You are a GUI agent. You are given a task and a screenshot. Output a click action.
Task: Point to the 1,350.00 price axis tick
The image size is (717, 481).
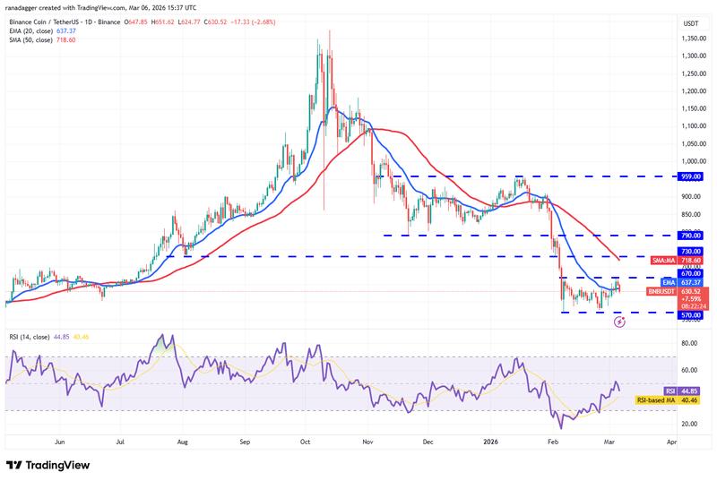(x=690, y=39)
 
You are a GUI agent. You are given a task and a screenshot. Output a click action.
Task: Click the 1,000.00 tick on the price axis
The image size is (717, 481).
(x=690, y=161)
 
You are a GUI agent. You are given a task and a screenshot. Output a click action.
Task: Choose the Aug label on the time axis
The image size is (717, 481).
(x=182, y=442)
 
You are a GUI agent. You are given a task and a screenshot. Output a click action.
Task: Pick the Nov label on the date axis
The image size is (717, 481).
(x=367, y=442)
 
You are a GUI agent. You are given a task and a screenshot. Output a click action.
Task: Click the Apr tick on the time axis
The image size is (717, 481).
(x=671, y=442)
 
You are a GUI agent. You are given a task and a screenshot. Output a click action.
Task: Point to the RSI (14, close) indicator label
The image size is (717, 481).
(x=28, y=337)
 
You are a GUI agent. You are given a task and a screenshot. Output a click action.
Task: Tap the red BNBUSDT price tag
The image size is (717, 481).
(x=662, y=291)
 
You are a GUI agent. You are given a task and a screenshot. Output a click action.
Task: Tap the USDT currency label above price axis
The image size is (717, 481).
(x=690, y=22)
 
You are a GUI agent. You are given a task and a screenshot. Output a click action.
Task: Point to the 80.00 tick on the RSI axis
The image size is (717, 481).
(x=688, y=343)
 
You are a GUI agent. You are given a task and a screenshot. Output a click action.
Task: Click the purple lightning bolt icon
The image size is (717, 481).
(x=618, y=321)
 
